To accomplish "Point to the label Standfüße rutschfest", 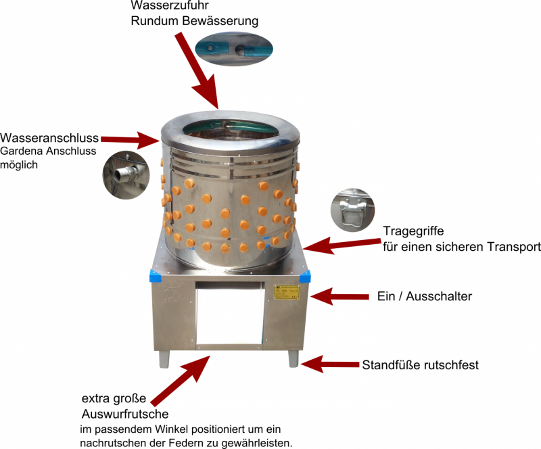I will [421, 365].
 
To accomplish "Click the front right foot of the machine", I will [294, 358].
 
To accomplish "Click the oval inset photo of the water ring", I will [233, 50].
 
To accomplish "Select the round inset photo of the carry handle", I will [352, 210].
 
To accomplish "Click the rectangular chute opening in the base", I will [228, 314].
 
